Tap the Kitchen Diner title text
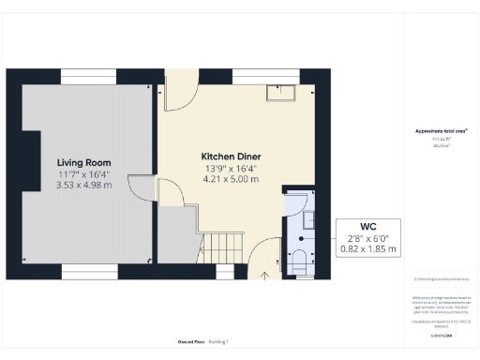point(230,156)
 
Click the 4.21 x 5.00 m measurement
point(230,179)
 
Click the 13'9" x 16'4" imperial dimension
point(230,168)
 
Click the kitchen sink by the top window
point(280,91)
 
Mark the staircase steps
point(223,248)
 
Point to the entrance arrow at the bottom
point(263,275)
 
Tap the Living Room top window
point(89,76)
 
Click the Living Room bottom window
point(89,272)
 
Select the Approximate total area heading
point(440,130)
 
